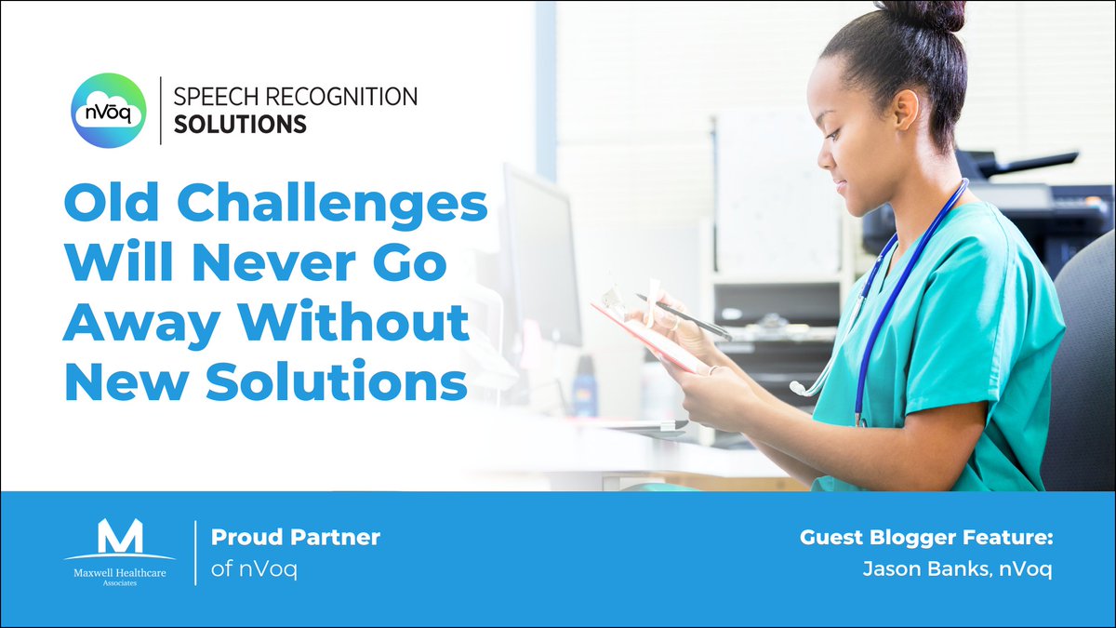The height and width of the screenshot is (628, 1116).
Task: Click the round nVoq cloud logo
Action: click(109, 111)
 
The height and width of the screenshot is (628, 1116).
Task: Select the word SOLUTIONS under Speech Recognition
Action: click(240, 124)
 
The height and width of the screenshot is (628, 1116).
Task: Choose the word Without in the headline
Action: click(351, 324)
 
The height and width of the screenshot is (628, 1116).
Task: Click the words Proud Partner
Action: click(296, 538)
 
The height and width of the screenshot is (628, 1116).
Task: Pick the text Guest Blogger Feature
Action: click(925, 538)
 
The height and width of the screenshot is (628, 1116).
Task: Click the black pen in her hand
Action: click(683, 316)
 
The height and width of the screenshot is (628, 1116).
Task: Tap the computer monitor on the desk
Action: click(539, 251)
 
